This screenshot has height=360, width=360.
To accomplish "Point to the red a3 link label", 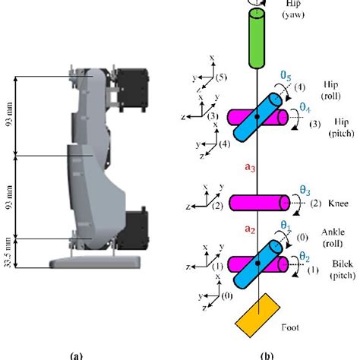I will (248, 165).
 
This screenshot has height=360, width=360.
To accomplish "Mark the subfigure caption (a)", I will (75, 354).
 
